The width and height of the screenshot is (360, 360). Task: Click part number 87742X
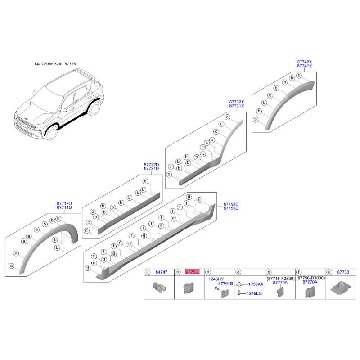coord(305,62)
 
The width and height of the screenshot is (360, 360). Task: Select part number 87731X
coord(237,106)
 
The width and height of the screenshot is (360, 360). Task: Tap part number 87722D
coord(151,165)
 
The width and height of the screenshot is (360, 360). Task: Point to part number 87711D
coord(64,207)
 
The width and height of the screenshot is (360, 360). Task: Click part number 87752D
coord(231,204)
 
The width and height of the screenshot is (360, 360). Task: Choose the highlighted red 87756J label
coord(193,272)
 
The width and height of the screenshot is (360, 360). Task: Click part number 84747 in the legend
coord(162,272)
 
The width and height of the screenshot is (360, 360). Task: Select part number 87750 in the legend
coord(343,272)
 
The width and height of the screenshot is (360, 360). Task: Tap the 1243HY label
coord(216,279)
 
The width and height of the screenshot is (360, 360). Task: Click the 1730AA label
coord(256,284)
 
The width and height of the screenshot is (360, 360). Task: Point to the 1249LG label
coord(254,293)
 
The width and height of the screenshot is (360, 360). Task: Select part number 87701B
coord(225,283)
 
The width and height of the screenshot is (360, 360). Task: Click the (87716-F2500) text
coord(280,279)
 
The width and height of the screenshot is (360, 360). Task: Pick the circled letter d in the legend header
coord(238,272)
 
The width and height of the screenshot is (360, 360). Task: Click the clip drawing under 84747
coord(159,287)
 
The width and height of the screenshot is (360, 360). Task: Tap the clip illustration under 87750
coord(341,288)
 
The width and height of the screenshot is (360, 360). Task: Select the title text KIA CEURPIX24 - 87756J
coord(56,64)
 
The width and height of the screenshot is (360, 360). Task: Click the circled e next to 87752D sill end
coord(199,200)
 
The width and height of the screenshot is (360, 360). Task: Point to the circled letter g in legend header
coord(329,272)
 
